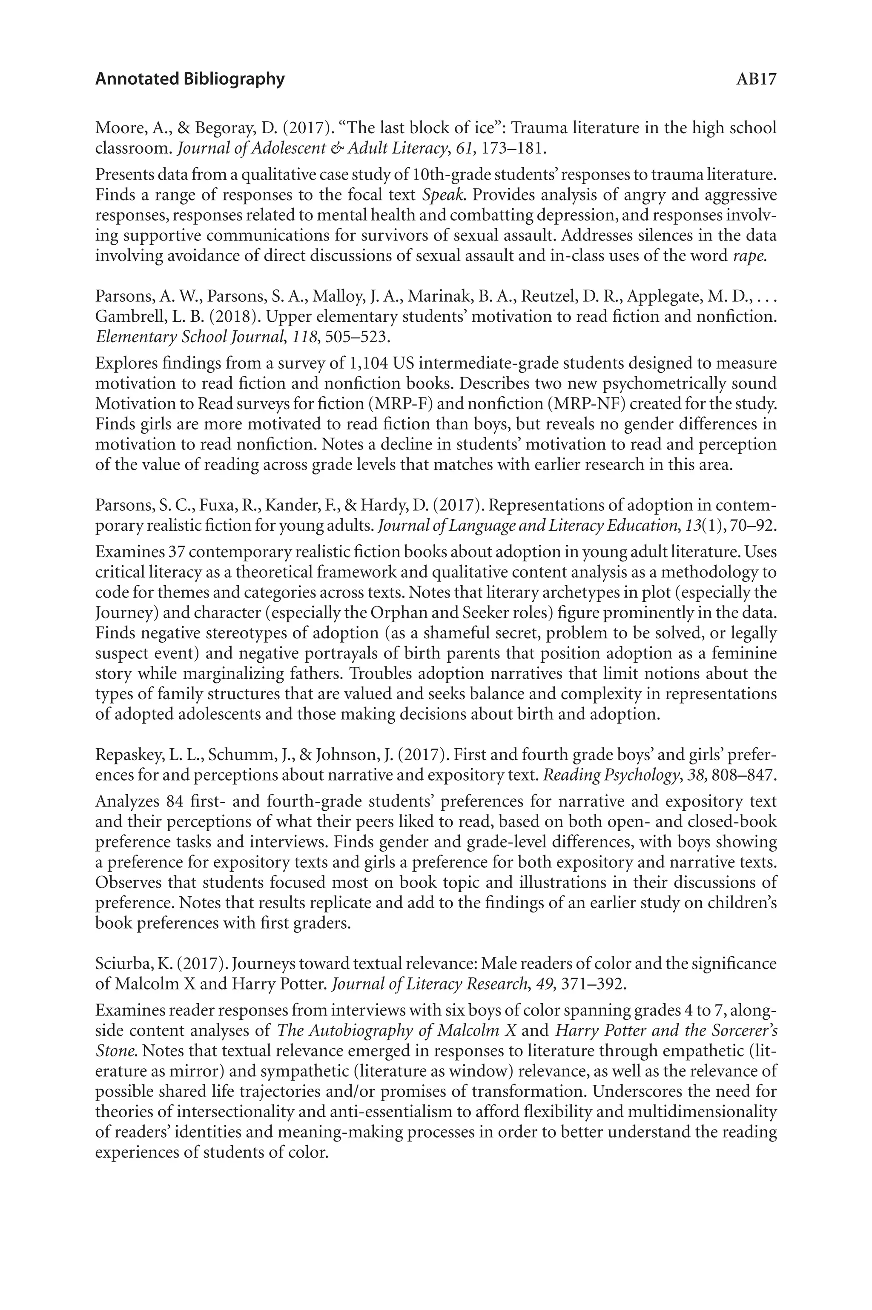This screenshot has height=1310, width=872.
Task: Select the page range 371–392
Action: click(594, 984)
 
